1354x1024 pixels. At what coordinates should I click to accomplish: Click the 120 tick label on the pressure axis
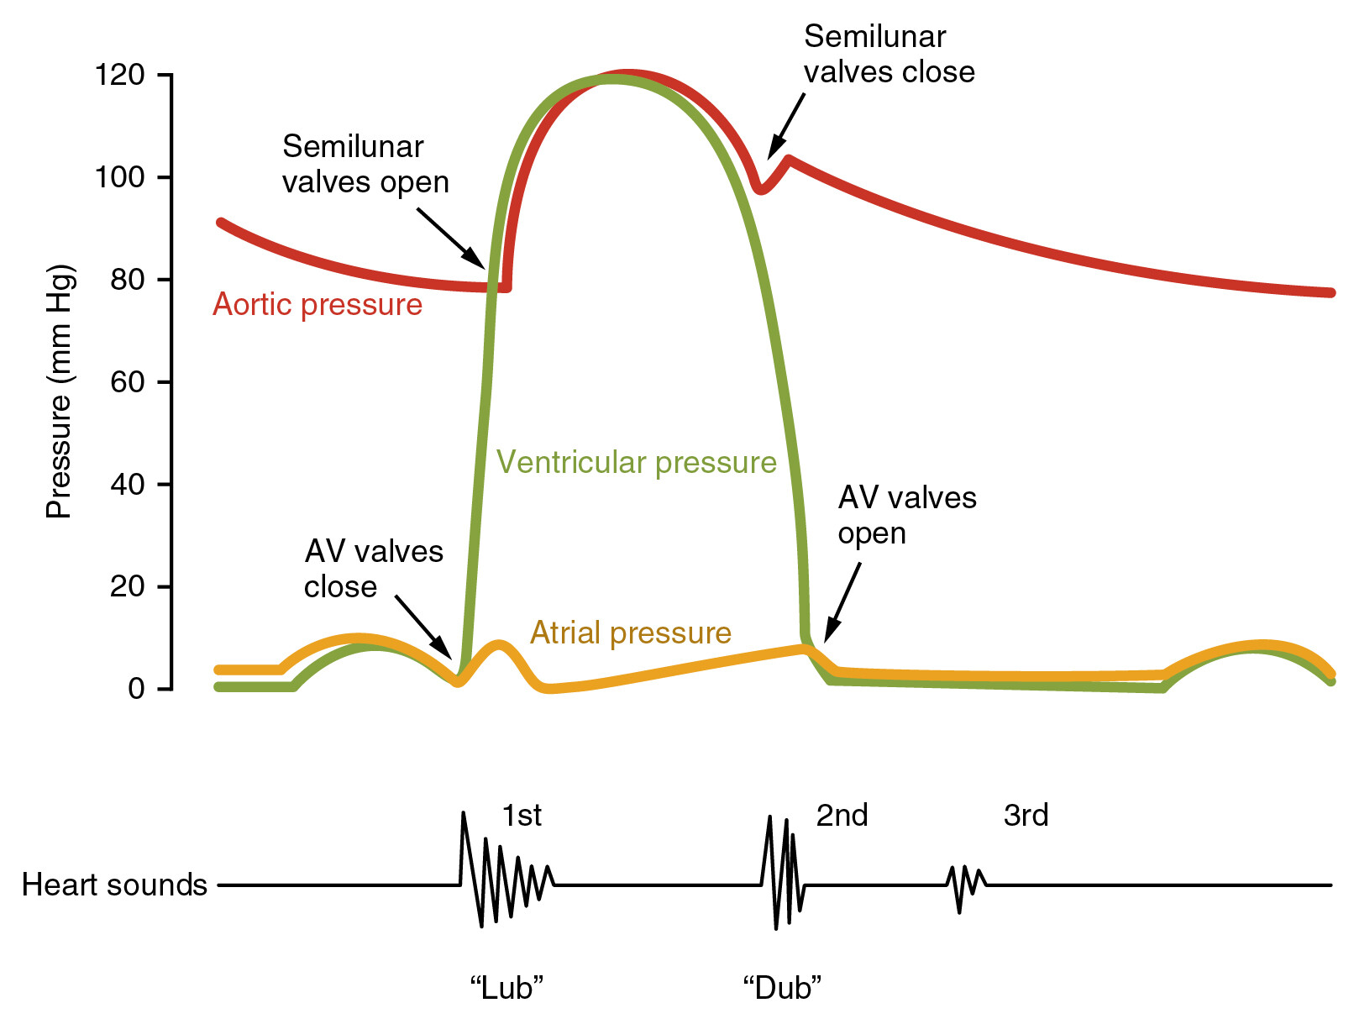(120, 76)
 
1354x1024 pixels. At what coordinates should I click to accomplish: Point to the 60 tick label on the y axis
(128, 382)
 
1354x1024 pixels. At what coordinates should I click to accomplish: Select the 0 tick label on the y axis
(136, 689)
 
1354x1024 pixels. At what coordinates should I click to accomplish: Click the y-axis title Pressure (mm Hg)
(60, 391)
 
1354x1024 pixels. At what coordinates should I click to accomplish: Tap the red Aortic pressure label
(318, 304)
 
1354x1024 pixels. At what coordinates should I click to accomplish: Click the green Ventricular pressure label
(636, 462)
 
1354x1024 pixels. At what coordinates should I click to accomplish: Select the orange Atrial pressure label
(630, 633)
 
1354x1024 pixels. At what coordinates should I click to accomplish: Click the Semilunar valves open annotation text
(365, 165)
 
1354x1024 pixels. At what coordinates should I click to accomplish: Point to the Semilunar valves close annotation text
(889, 55)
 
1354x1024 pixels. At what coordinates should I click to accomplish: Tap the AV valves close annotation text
(373, 569)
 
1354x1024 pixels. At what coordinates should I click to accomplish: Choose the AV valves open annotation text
(906, 515)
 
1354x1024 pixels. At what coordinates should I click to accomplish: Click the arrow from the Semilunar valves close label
(786, 126)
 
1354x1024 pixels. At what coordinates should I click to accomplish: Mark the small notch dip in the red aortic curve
(760, 189)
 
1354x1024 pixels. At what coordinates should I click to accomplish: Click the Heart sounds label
(114, 885)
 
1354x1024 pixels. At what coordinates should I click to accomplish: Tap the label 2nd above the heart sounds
(842, 816)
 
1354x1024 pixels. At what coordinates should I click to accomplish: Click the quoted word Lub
(506, 988)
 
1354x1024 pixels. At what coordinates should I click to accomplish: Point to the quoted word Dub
(782, 988)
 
